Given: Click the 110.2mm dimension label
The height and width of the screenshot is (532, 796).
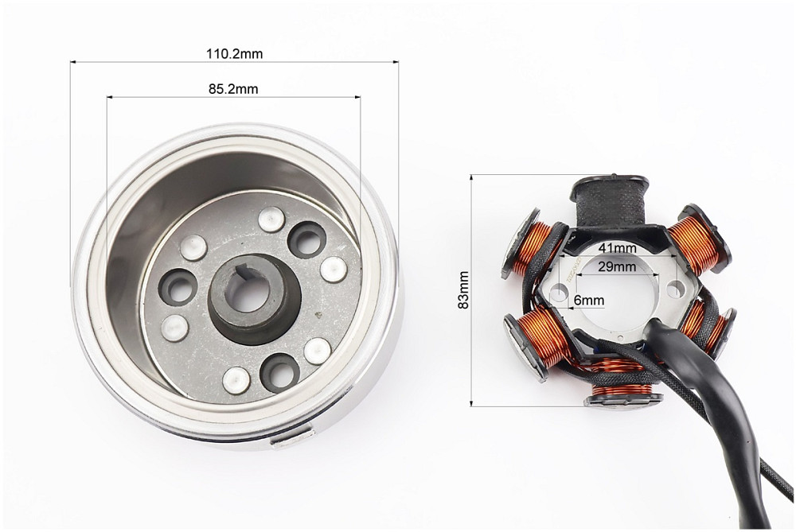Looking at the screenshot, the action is coord(235,53).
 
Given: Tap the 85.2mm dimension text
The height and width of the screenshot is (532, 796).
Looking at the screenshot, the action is coord(233,89).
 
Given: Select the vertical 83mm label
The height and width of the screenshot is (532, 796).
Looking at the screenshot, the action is coord(463,290).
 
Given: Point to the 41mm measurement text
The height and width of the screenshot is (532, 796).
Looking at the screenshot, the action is coord(618,248).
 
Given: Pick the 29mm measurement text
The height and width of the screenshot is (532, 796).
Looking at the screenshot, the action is coord(617,266).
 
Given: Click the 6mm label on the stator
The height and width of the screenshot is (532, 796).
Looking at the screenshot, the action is coord(589,301).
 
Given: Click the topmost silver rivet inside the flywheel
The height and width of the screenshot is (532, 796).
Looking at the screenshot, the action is coord(272,219).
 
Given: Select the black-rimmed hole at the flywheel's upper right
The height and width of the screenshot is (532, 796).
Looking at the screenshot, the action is coord(306,238).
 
